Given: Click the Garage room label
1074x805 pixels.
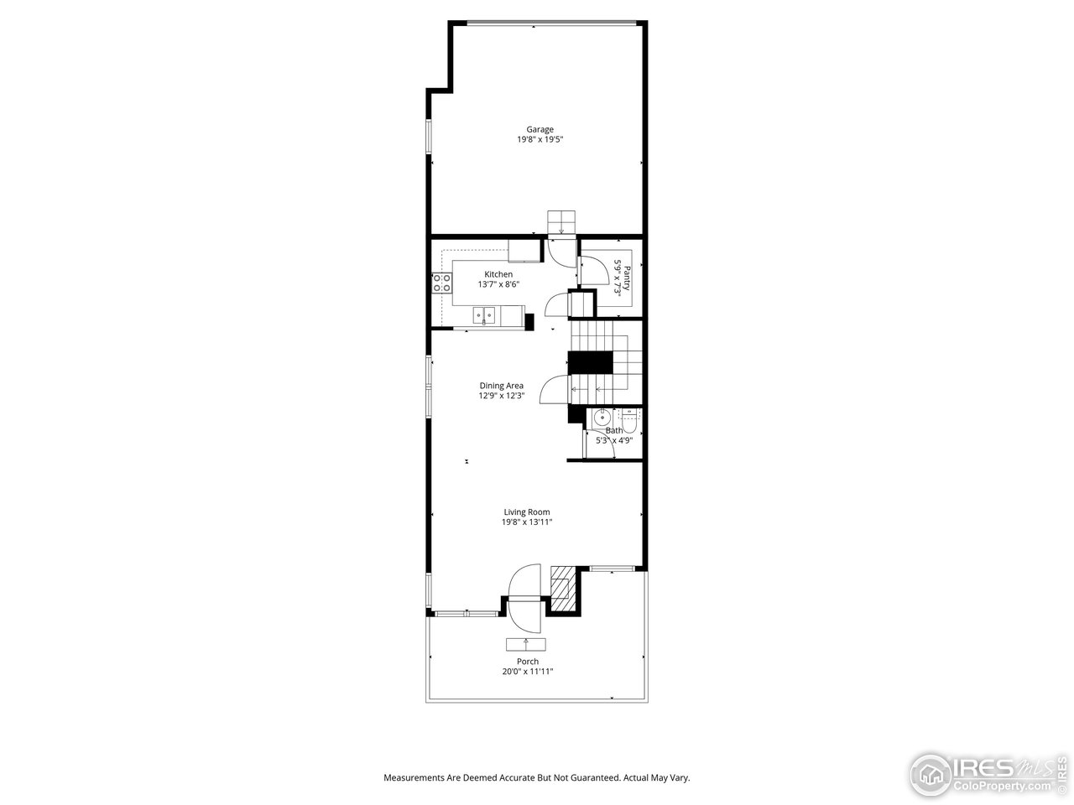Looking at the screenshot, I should (x=540, y=129).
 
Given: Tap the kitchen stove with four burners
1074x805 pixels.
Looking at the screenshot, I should (x=442, y=283).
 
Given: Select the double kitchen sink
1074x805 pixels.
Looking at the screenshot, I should (x=483, y=316).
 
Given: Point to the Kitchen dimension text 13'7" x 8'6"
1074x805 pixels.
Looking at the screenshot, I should (x=498, y=285).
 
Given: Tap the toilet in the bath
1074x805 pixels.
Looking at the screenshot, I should (x=630, y=418).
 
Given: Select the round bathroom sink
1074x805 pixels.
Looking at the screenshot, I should (x=601, y=418).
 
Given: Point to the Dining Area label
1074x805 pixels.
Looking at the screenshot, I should (x=501, y=386).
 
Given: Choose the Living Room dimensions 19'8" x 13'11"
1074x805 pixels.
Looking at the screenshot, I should (x=527, y=522).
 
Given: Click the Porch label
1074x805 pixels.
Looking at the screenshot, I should (x=528, y=662).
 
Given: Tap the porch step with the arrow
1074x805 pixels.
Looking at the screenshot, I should (x=526, y=644).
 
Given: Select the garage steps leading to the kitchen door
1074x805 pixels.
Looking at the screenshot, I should (x=562, y=222).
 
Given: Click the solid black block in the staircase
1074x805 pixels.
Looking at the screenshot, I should (x=591, y=363).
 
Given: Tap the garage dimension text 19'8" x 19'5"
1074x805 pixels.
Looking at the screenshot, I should (x=540, y=140).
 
